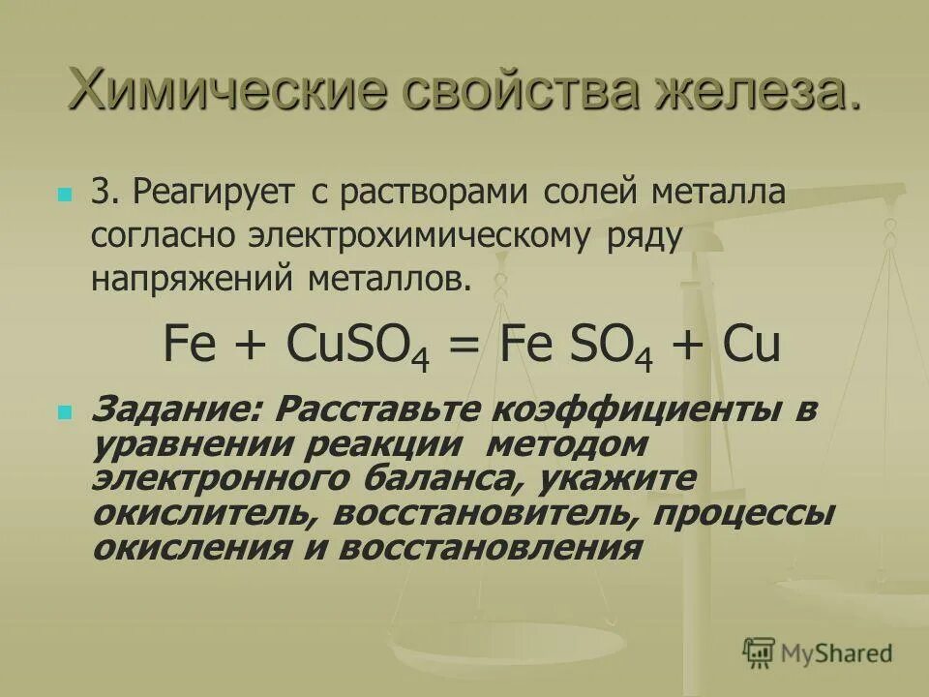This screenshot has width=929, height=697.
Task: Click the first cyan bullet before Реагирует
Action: click(65, 194)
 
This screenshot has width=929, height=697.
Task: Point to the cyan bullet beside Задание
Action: click(65, 410)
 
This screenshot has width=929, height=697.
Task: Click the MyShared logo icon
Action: click(760, 652)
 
